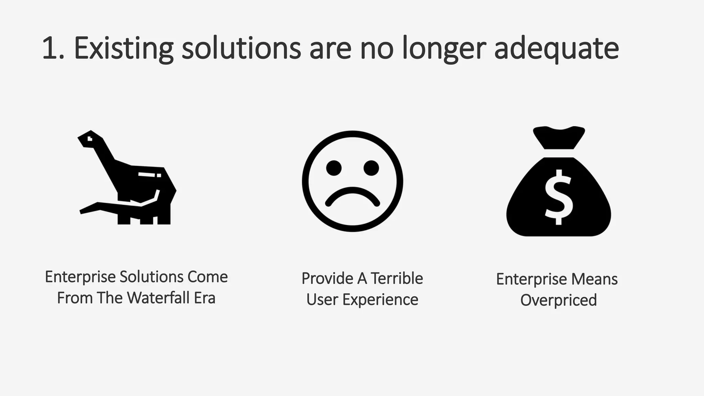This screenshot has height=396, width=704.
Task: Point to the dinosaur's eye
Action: point(90,139)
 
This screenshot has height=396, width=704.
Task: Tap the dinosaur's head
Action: point(90,139)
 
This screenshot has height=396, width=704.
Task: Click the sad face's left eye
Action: point(334,168)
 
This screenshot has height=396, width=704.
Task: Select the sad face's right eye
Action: point(371,168)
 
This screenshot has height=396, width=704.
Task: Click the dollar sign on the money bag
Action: point(559,197)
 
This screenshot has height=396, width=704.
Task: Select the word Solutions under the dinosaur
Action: point(152,277)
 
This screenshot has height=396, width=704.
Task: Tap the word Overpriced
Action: point(558,300)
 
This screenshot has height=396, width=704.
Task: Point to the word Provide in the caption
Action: point(327,278)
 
